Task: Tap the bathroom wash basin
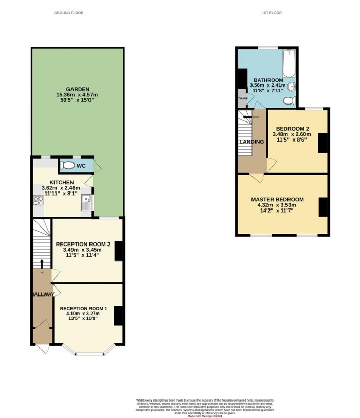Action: (x=291, y=86)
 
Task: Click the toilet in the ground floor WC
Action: (x=67, y=166)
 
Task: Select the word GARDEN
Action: (x=77, y=89)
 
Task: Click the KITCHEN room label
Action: (x=61, y=182)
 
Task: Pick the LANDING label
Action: (x=251, y=142)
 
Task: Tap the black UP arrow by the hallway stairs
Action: (x=42, y=264)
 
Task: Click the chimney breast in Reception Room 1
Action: (x=118, y=315)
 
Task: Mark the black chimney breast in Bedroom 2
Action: (x=322, y=143)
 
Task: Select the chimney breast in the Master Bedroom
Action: (x=322, y=206)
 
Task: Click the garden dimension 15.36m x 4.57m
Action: (x=77, y=95)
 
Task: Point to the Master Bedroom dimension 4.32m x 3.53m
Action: (x=277, y=205)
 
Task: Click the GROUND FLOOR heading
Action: (x=69, y=13)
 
